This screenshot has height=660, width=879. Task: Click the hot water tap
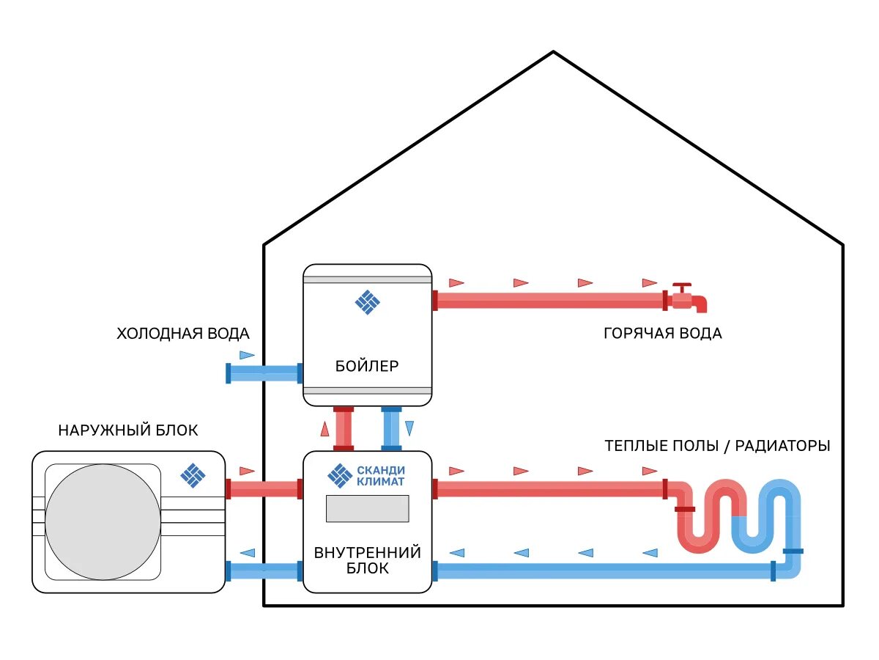point(689,298)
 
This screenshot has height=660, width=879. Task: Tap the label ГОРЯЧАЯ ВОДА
point(662,334)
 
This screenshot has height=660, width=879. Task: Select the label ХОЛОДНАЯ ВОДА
point(183,334)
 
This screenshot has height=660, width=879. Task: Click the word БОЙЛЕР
point(367,366)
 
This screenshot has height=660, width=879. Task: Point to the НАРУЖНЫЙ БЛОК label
point(128,430)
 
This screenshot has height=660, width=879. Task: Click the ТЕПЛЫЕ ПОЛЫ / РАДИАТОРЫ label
point(717,446)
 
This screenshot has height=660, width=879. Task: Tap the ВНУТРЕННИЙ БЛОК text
point(367,560)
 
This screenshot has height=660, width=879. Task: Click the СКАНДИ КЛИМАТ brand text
point(380,476)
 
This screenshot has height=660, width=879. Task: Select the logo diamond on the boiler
point(367,302)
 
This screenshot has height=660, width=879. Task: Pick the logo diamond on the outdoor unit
point(193,476)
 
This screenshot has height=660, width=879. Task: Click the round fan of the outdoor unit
point(103,522)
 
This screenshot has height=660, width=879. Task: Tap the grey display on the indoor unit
point(367,508)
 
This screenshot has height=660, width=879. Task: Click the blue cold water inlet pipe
point(264,373)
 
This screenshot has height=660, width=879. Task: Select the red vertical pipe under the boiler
point(344,429)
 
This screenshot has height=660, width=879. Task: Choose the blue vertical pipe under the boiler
point(391,429)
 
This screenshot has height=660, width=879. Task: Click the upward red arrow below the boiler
point(324,429)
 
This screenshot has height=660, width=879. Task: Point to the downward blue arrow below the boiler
point(409,428)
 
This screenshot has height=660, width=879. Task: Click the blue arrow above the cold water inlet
point(247,355)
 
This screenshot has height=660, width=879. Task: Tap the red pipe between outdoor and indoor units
point(264,489)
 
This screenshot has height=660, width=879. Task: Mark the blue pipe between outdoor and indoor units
point(264,571)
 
